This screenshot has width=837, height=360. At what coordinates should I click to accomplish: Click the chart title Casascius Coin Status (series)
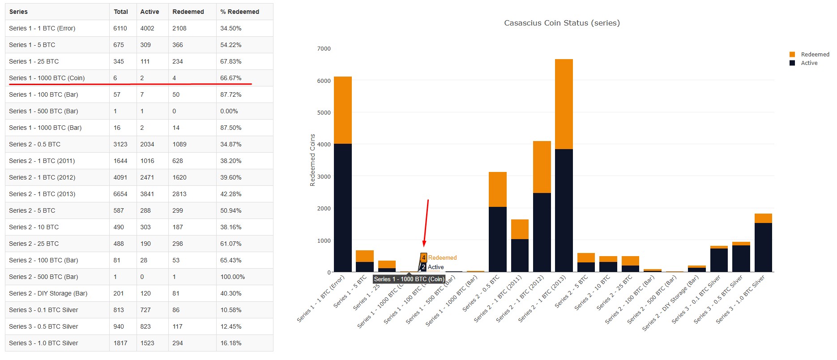click(562, 23)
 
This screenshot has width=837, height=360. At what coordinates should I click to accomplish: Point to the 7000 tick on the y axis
click(324, 49)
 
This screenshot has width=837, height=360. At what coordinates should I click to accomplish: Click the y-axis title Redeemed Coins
click(312, 160)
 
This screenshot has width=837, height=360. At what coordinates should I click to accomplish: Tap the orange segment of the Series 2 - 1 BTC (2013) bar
click(564, 104)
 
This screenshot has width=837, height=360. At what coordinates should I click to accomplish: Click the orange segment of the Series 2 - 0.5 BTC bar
click(497, 189)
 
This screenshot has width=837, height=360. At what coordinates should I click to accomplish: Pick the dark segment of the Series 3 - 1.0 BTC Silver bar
click(763, 247)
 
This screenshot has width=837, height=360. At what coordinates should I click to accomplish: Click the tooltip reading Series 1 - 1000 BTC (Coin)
click(409, 279)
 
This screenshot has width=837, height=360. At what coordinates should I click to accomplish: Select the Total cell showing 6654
click(120, 194)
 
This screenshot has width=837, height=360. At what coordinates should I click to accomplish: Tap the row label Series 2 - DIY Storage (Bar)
click(48, 293)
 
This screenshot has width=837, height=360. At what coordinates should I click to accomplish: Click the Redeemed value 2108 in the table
click(179, 28)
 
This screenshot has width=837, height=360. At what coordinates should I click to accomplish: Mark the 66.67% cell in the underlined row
click(231, 78)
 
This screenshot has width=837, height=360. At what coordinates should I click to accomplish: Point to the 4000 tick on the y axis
click(324, 145)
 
